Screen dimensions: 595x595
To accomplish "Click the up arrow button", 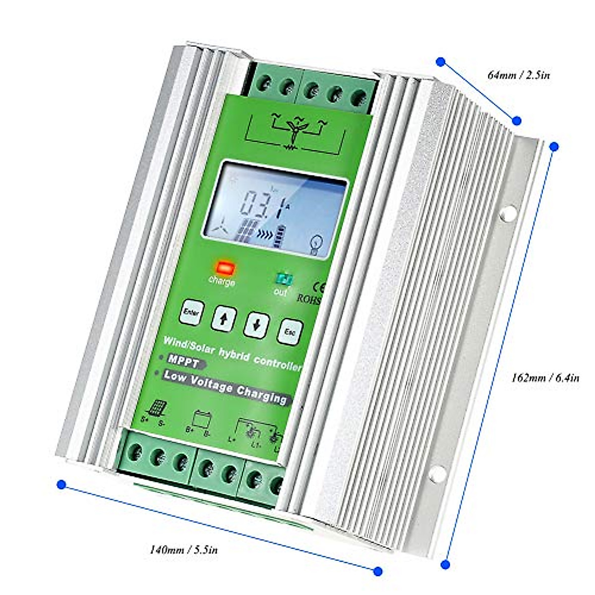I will [x=224, y=318].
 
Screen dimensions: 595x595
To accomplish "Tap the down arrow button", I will [x=257, y=325].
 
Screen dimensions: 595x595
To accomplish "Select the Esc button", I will [x=290, y=331].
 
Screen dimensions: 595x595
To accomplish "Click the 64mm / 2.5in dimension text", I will [x=519, y=76].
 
